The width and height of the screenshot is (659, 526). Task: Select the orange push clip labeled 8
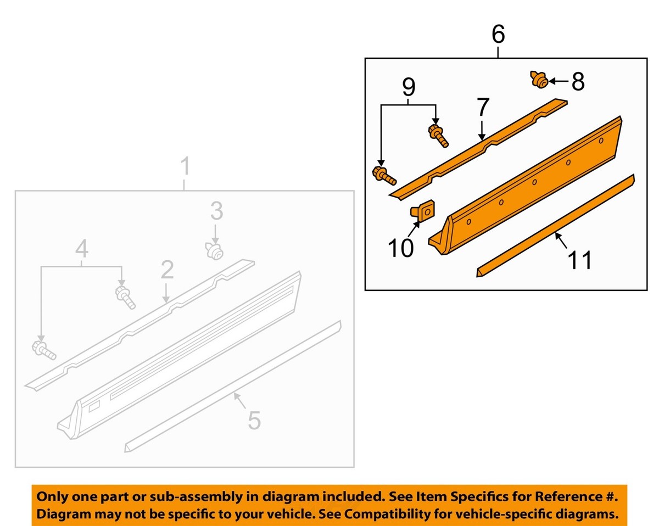[x=539, y=81]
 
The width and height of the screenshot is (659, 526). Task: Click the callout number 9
[x=409, y=87]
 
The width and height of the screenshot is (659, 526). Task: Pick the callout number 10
[x=401, y=248]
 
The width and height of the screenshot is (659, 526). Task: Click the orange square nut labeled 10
[x=421, y=211]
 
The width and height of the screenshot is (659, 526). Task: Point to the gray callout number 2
[x=167, y=270]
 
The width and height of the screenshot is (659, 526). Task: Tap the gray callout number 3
[x=216, y=210]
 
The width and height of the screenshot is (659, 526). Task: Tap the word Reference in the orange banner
[x=559, y=497]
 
